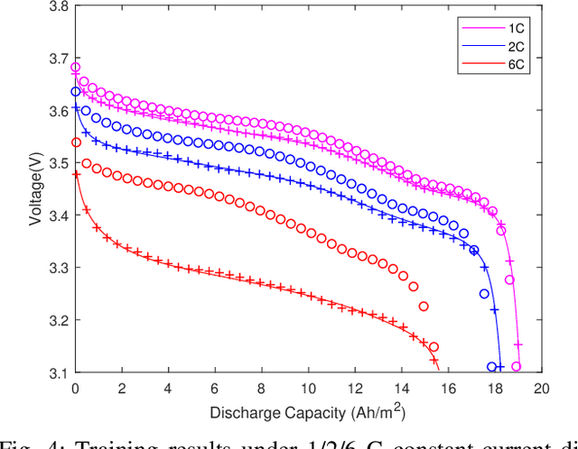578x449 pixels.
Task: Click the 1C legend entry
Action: pos(502,28)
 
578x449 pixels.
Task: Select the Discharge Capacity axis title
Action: pos(307,412)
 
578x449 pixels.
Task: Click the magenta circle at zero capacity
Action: pos(75,68)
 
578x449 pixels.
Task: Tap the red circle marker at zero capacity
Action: pos(75,142)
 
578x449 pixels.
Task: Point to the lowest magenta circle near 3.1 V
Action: pos(517,367)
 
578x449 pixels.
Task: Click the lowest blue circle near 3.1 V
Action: pos(492,367)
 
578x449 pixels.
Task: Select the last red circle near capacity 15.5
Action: pos(433,346)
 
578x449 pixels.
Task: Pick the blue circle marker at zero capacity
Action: pos(75,92)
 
